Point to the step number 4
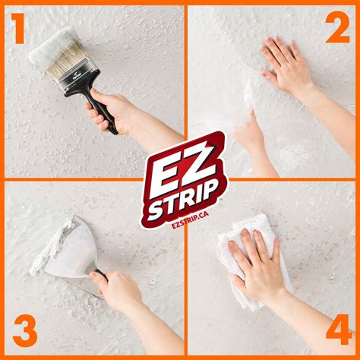click(x=337, y=332)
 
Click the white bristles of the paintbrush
click(x=52, y=46)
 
